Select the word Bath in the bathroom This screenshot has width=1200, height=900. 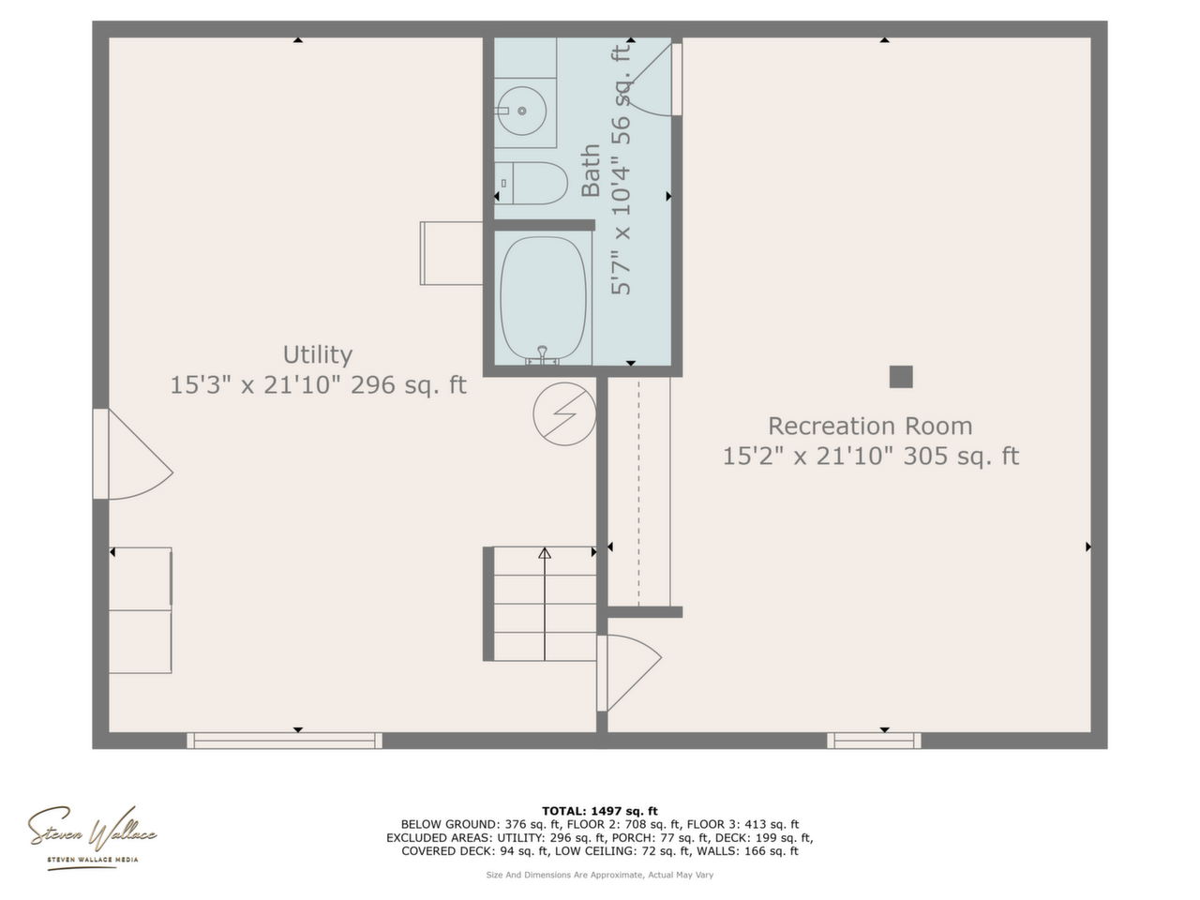(591, 170)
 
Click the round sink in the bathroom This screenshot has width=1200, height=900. (522, 111)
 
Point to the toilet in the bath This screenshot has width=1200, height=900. (531, 183)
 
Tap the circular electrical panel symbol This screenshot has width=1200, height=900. (564, 413)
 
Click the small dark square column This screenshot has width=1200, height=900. (901, 377)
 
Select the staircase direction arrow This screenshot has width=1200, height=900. (545, 604)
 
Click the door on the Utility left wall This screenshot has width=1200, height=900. (133, 454)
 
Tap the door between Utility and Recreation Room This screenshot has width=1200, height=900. (629, 673)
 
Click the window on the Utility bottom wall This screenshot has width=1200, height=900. (284, 741)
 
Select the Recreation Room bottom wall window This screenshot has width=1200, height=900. (874, 741)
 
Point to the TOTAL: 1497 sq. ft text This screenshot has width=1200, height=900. (600, 811)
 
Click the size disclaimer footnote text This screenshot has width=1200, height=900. (600, 875)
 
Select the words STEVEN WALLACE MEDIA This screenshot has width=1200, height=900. (93, 860)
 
